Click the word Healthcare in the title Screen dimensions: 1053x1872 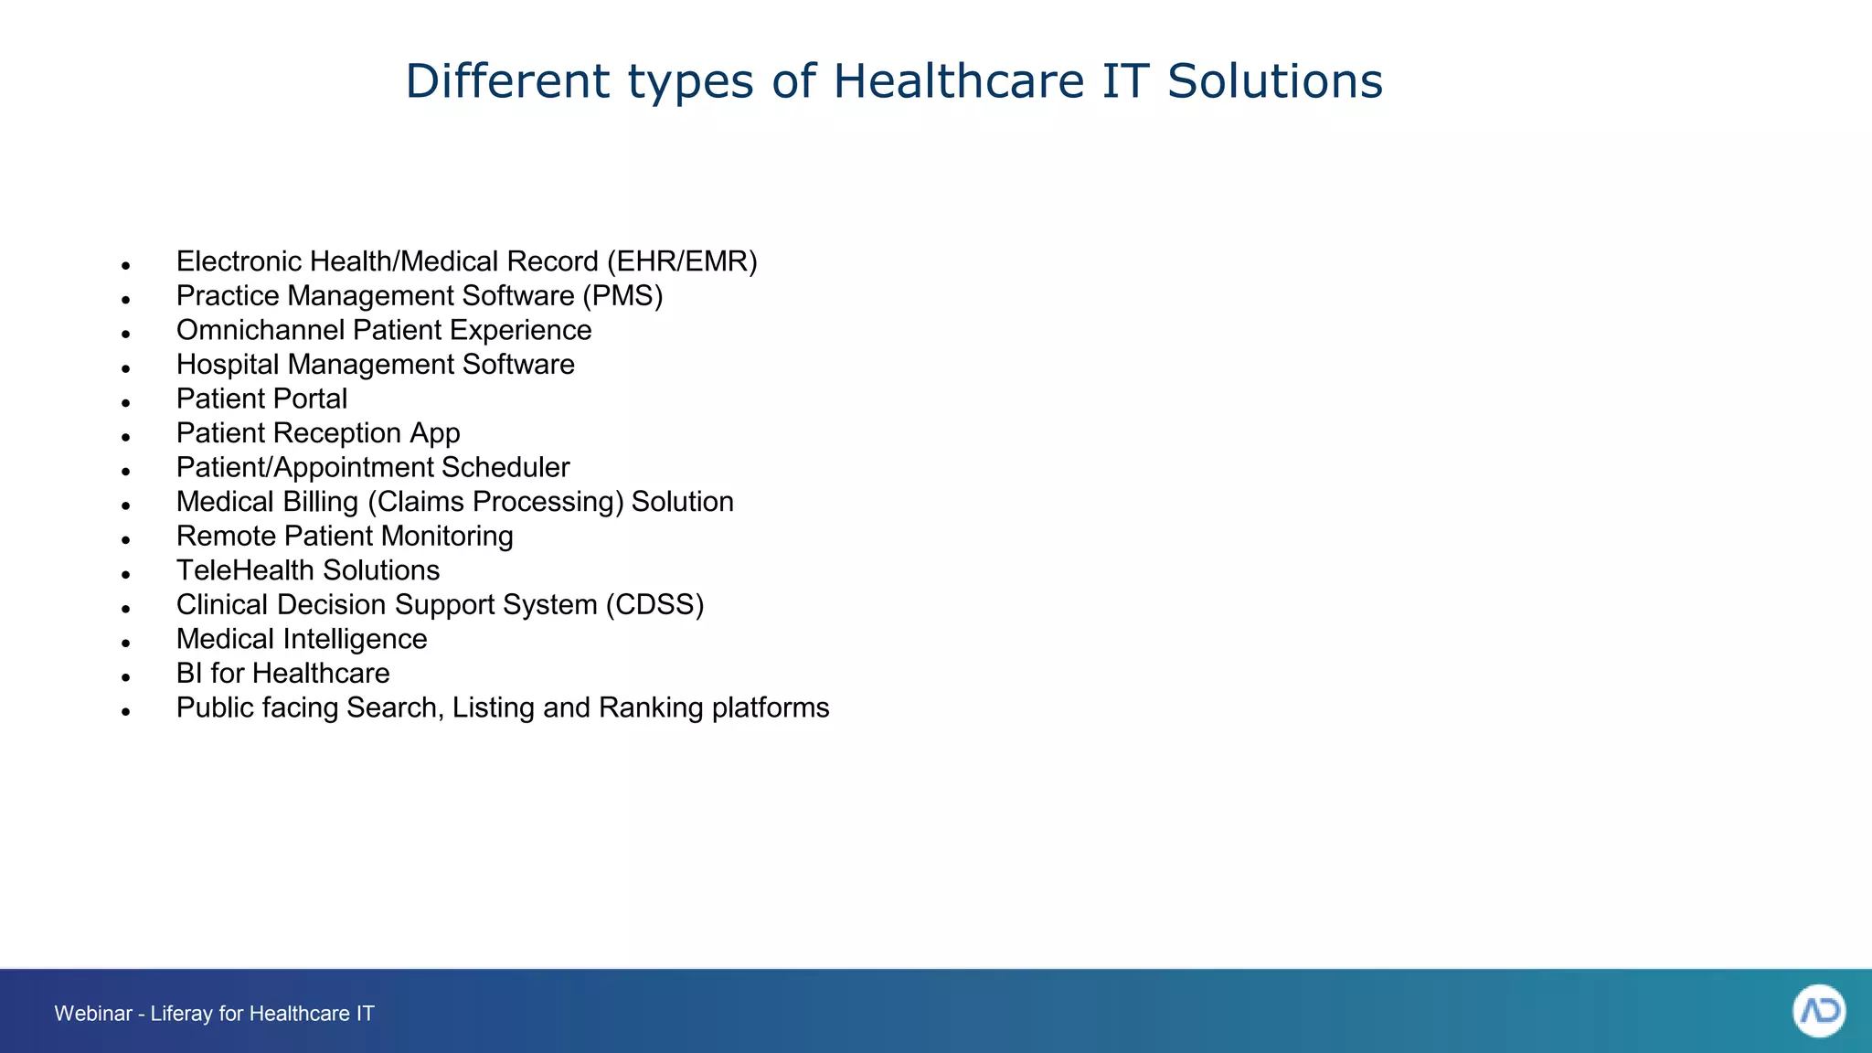click(958, 80)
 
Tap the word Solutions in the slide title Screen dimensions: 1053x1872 click(1275, 80)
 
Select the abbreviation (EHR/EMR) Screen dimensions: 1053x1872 click(682, 261)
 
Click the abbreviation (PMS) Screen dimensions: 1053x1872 click(622, 296)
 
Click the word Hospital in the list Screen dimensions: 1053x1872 click(228, 365)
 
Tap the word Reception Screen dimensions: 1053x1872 click(343, 433)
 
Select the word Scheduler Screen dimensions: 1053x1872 click(505, 467)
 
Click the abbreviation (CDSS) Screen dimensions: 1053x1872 click(654, 605)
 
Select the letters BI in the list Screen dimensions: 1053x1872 click(189, 674)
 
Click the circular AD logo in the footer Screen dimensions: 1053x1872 click(1818, 1011)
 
